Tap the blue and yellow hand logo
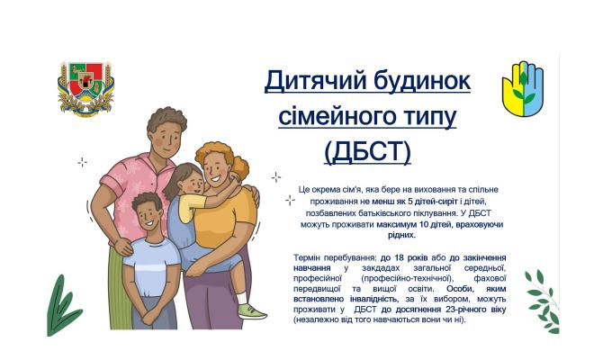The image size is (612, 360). point(522,88)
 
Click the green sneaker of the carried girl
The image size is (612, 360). point(251,311)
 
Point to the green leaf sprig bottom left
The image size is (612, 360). point(60,306)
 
